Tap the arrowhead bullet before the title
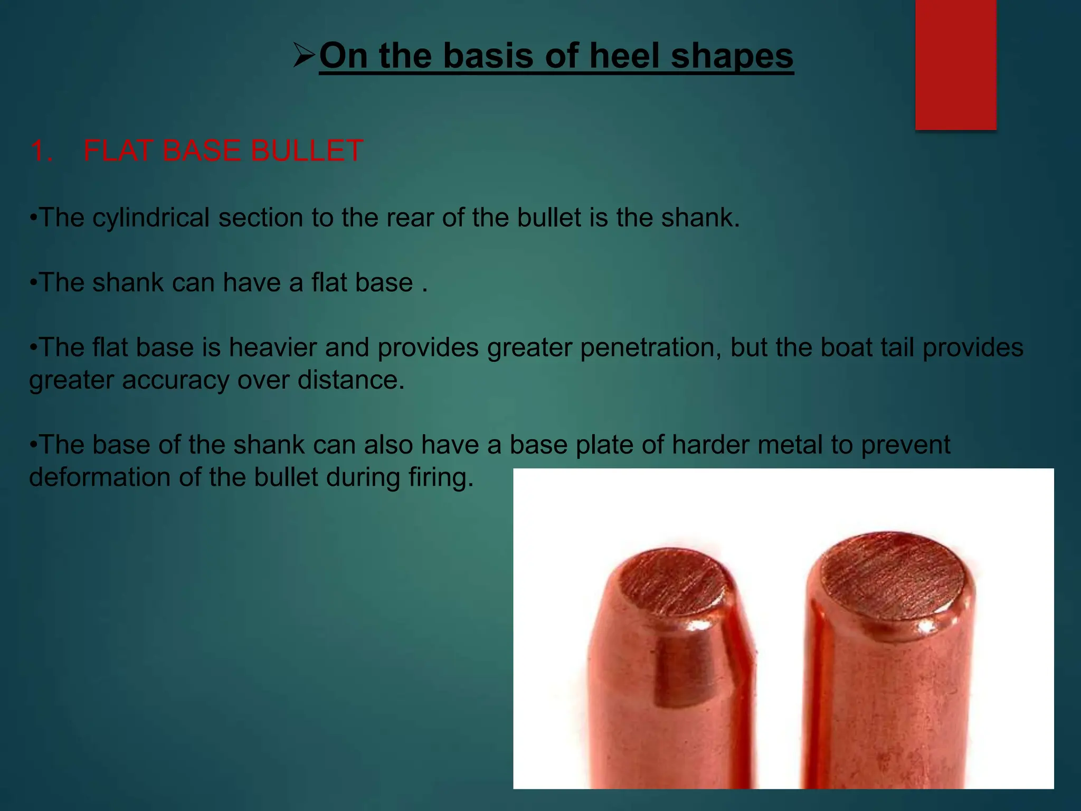point(305,55)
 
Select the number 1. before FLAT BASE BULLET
point(42,150)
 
